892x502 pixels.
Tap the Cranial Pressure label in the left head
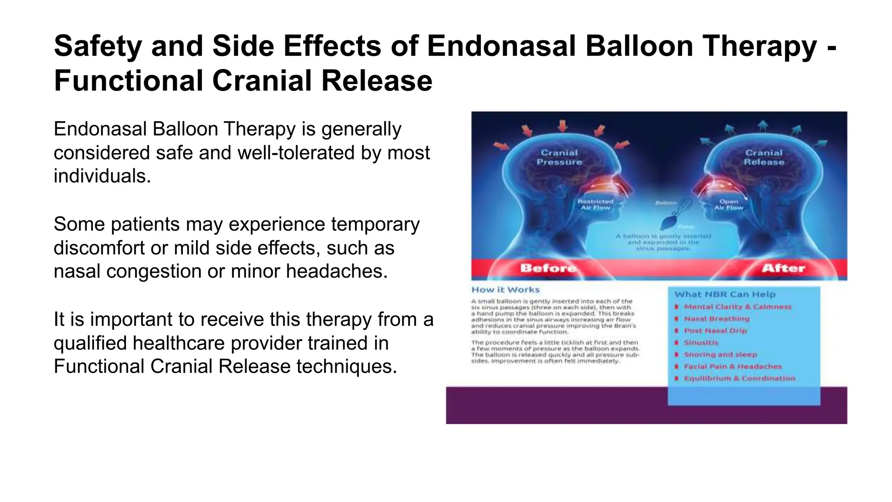(x=559, y=157)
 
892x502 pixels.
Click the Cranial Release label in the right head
(x=764, y=157)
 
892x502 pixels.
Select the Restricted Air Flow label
(x=595, y=205)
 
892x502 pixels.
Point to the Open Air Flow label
(x=729, y=205)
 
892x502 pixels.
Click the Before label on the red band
(x=548, y=268)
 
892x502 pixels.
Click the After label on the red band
(x=783, y=268)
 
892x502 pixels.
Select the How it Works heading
(x=506, y=290)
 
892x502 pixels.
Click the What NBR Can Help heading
(x=725, y=295)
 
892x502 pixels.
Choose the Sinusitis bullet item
(x=701, y=343)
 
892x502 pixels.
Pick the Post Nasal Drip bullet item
(x=715, y=331)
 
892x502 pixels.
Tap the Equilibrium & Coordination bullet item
(x=740, y=378)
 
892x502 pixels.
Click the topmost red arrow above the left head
(x=563, y=126)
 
